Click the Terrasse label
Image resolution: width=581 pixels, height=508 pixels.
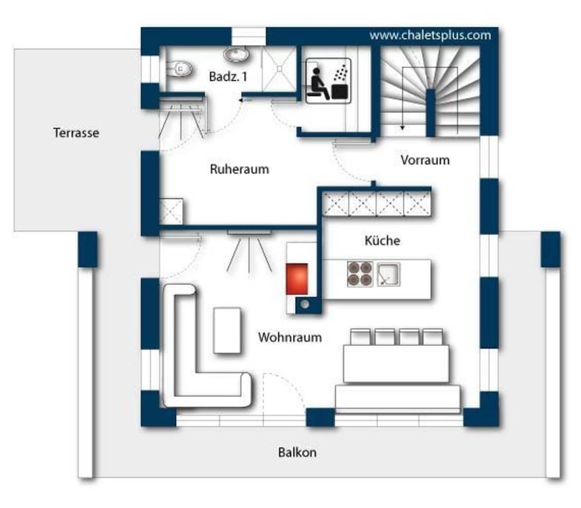click(76, 133)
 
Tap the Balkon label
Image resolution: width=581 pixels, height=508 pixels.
click(297, 452)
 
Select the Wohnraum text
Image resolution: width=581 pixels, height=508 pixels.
click(290, 338)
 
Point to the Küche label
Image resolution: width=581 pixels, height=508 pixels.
click(382, 240)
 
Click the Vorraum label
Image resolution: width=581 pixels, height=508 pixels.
click(425, 160)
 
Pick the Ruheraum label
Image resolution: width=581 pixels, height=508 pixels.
click(239, 169)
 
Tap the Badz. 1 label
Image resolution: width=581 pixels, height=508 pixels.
click(228, 77)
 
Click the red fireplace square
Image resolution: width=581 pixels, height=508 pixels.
click(297, 279)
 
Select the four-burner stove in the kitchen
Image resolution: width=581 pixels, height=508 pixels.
click(360, 274)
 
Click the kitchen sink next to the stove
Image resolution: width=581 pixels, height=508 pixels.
click(388, 274)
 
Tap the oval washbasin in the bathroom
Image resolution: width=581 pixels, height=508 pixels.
click(236, 54)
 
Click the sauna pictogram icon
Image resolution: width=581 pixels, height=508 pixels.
click(328, 80)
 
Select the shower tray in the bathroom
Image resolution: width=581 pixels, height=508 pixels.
click(279, 69)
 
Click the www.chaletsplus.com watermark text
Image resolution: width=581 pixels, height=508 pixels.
click(430, 35)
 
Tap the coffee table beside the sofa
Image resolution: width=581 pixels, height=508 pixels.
click(227, 330)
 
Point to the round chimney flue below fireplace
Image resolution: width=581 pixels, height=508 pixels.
click(304, 305)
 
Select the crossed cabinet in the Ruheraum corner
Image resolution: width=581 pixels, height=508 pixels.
click(171, 212)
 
